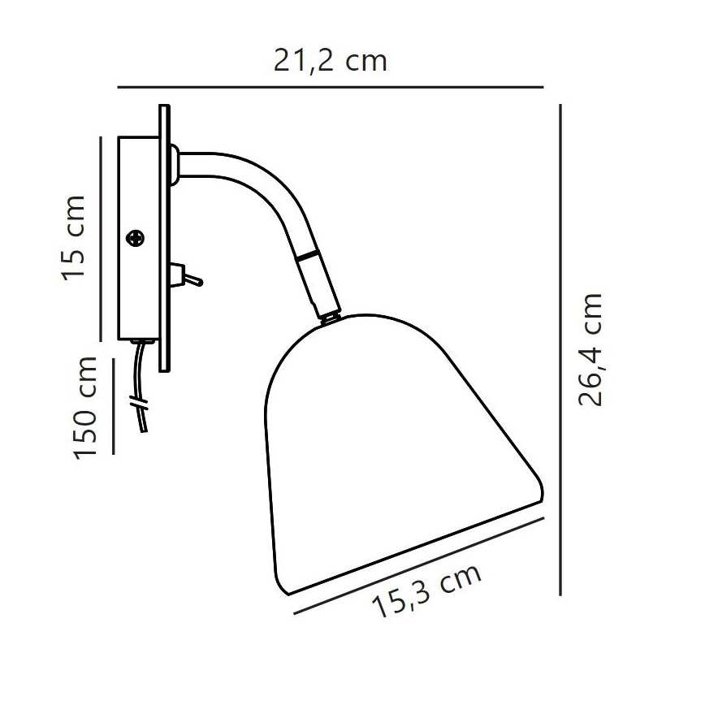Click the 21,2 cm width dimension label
[x=330, y=61]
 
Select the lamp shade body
[x=390, y=439]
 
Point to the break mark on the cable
[x=139, y=402]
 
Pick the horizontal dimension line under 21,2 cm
[x=330, y=86]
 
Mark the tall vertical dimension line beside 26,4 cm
[x=561, y=349]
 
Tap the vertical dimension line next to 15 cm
[x=100, y=237]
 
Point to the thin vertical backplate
[x=164, y=236]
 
